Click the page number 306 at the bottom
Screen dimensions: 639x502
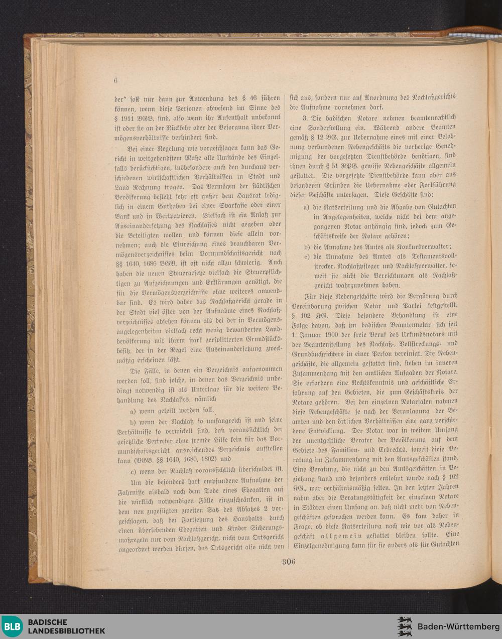click(x=288, y=562)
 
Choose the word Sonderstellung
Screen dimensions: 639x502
click(x=331, y=128)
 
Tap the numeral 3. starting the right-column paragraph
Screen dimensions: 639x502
click(x=305, y=118)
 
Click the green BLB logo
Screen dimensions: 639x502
click(x=12, y=626)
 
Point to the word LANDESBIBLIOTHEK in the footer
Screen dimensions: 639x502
click(x=66, y=630)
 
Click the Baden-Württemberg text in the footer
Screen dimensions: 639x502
click(x=458, y=626)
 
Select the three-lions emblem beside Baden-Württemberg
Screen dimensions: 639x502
click(x=405, y=626)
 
